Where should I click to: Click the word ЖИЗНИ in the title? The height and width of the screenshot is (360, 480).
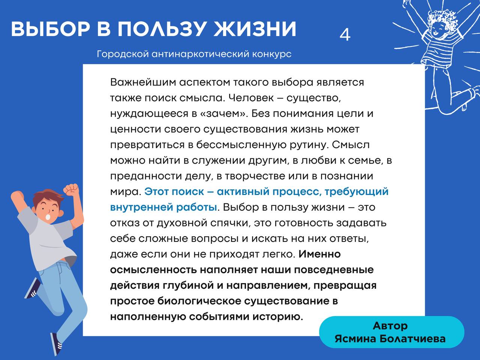point(255,29)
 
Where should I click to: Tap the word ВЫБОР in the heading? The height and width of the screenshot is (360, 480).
point(51,29)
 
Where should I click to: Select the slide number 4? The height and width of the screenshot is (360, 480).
point(345,35)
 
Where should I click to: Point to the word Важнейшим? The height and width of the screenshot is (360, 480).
point(143,82)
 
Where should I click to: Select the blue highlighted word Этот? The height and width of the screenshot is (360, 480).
point(156,192)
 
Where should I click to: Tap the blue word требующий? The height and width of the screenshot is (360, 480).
point(357,192)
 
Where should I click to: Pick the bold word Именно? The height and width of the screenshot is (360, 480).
point(319,254)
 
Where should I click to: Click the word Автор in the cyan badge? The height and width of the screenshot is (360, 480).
point(390,326)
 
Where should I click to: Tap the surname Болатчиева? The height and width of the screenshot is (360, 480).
point(412,339)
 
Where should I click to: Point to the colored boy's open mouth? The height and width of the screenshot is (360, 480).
point(48,217)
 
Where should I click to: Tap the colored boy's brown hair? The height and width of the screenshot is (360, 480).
point(47,197)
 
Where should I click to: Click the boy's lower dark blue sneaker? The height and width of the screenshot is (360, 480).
point(56,345)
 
